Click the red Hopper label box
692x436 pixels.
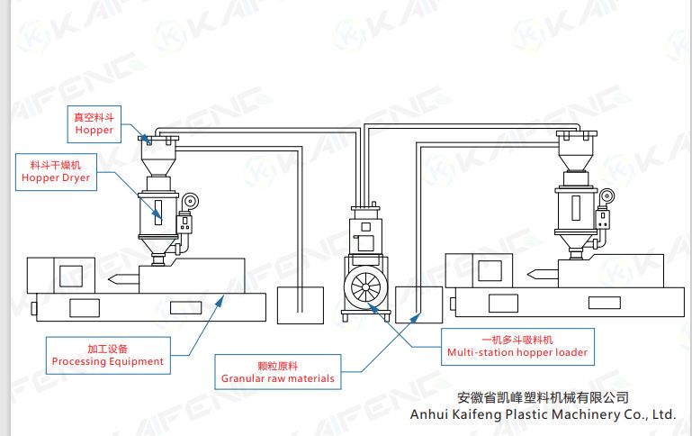[x=94, y=123]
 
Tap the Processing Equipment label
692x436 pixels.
[x=107, y=354]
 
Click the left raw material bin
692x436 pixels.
[x=300, y=304]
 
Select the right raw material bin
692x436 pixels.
[x=418, y=304]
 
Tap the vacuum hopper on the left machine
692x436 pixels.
[x=159, y=153]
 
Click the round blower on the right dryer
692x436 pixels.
[x=609, y=195]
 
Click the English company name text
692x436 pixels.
[x=542, y=415]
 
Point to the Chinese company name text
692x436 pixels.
[x=543, y=397]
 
